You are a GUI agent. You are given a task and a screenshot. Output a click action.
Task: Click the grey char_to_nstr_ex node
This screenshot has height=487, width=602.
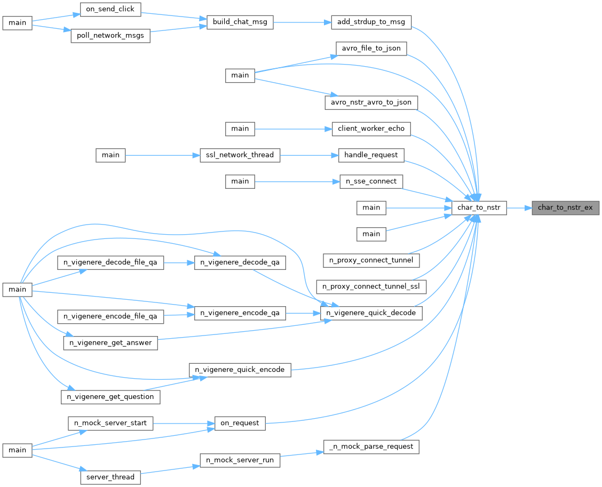[x=565, y=207]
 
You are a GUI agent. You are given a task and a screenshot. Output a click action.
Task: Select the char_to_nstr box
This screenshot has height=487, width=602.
[x=479, y=207]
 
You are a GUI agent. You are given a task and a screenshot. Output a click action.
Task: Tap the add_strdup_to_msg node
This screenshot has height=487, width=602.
[x=371, y=22]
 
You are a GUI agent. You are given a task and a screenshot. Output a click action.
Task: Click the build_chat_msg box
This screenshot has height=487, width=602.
[x=240, y=22]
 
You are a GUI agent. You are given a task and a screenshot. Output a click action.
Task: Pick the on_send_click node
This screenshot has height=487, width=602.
[x=110, y=9]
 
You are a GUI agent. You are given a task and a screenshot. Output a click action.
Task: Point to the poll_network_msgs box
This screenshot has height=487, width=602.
[x=110, y=36]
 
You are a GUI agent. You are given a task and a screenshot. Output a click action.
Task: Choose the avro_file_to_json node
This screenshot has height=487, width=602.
[x=371, y=49]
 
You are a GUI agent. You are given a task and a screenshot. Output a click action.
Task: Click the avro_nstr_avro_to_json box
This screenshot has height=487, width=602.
[x=371, y=102]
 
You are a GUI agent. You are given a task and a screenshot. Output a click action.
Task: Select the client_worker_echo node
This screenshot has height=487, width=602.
[x=371, y=129]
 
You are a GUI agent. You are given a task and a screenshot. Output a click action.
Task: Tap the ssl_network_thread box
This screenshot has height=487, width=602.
[x=240, y=155]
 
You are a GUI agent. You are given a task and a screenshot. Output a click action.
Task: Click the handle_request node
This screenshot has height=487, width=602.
[x=371, y=155]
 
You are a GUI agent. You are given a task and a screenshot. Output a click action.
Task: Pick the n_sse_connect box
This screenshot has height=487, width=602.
[x=371, y=181]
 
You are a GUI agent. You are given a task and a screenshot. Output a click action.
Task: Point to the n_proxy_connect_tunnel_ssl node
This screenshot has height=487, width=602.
[x=371, y=286]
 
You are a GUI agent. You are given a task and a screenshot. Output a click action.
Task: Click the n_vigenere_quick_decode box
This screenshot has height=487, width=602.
[x=371, y=313]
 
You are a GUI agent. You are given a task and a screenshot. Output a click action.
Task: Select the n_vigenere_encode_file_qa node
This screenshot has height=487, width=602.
[x=110, y=316]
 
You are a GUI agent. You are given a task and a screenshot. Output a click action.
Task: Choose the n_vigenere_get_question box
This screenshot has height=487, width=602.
[x=110, y=397]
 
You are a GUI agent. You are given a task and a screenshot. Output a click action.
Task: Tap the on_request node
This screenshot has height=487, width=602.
[x=240, y=424]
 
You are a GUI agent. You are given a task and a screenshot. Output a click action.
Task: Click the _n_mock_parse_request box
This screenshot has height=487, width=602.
[x=371, y=446]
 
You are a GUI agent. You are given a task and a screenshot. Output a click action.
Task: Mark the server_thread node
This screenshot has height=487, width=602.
[x=110, y=477]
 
